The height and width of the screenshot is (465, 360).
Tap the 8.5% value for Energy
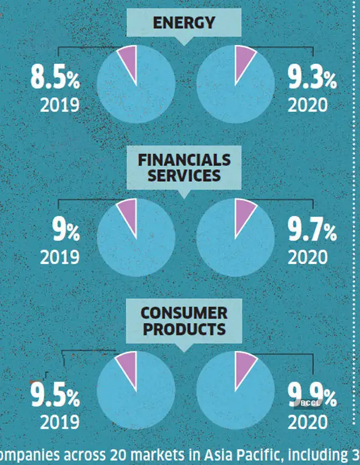pyautogui.click(x=55, y=78)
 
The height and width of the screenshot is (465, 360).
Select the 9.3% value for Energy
pyautogui.click(x=312, y=78)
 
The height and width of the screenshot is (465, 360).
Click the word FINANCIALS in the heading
pyautogui.click(x=184, y=159)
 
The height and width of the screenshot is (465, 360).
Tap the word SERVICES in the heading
pyautogui.click(x=184, y=175)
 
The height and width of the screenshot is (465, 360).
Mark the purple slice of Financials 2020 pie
pyautogui.click(x=245, y=211)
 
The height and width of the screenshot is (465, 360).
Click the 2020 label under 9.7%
pyautogui.click(x=308, y=257)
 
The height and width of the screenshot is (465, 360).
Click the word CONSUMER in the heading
pyautogui.click(x=184, y=313)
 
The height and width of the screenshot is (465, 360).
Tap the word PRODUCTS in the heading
pyautogui.click(x=184, y=329)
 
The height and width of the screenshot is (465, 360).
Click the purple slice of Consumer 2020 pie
pyautogui.click(x=245, y=364)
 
